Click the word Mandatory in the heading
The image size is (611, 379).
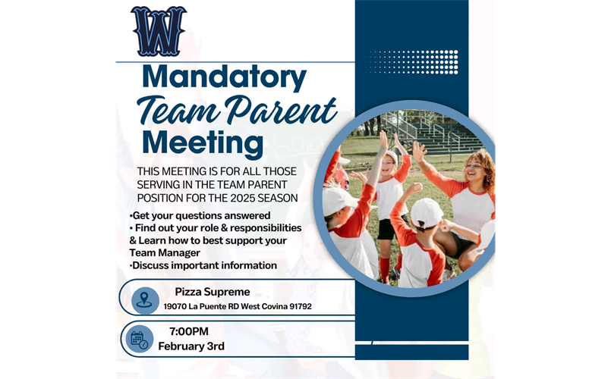point(224,77)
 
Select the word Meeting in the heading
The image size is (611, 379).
point(203,143)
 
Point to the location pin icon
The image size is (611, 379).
point(144,299)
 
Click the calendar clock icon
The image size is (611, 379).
point(139,339)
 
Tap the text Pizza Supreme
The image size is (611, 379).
point(213,292)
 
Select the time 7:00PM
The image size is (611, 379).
point(189,331)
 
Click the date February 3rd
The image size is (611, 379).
point(191,346)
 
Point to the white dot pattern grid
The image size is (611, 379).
point(414,61)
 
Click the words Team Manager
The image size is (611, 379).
point(165,252)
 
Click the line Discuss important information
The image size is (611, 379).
point(203,265)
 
